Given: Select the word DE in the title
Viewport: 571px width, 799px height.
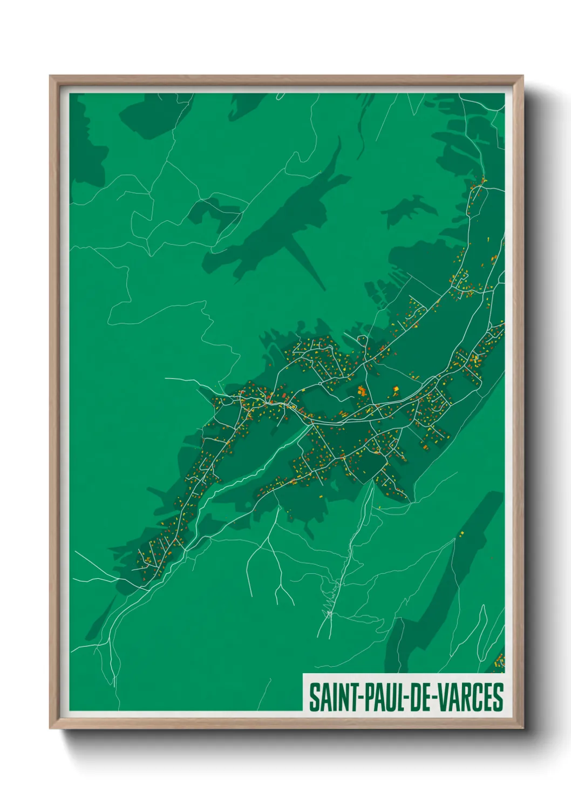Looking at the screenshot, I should click(x=422, y=697).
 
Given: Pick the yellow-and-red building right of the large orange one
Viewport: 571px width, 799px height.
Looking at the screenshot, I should click(x=396, y=390).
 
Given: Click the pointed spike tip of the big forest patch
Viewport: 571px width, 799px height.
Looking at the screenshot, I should click(x=324, y=289).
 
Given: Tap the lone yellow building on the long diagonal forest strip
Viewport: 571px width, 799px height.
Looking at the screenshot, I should click(x=462, y=534).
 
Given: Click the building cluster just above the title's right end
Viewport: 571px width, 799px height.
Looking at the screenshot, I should click(x=500, y=660).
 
